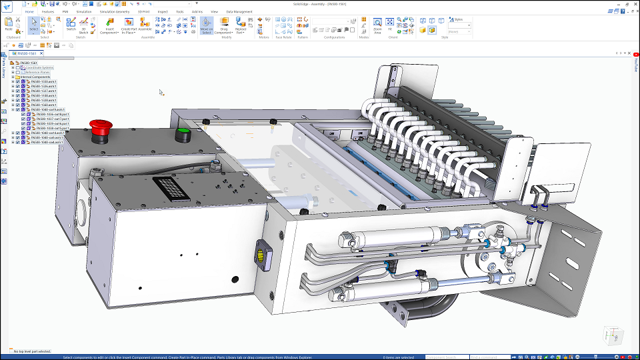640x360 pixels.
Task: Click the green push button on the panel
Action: pos(182,133)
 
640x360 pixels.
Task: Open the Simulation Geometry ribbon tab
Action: pos(115,11)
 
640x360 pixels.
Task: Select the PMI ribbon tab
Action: pos(65,11)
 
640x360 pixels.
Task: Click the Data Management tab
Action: pos(239,11)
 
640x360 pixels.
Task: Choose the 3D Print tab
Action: pos(144,11)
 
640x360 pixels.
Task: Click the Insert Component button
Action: pos(109,25)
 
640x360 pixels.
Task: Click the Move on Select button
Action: pos(206,25)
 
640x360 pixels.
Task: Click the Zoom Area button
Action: pos(377,25)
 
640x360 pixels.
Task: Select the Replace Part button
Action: pos(241,25)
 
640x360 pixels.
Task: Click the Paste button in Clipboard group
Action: pos(9,25)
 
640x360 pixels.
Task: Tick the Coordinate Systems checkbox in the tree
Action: pos(18,68)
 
